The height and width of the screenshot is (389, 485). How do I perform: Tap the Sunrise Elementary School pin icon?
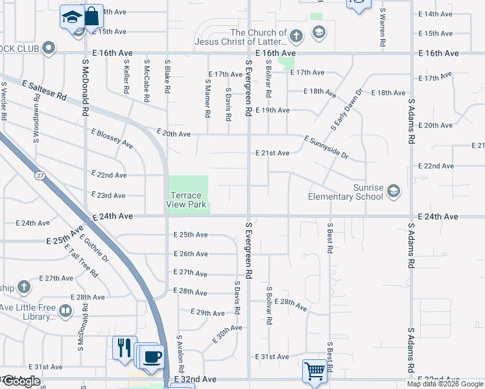[x=393, y=191]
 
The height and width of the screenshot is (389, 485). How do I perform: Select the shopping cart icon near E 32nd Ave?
[x=314, y=371]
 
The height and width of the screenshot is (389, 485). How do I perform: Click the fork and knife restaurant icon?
[x=124, y=347]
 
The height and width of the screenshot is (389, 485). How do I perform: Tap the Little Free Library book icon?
[x=65, y=312]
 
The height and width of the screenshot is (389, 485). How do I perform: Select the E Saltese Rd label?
[x=44, y=89]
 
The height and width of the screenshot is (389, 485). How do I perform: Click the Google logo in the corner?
[x=21, y=382]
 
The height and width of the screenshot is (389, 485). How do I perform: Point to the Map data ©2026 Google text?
[x=445, y=384]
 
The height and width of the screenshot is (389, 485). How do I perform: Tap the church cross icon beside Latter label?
[x=296, y=36]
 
